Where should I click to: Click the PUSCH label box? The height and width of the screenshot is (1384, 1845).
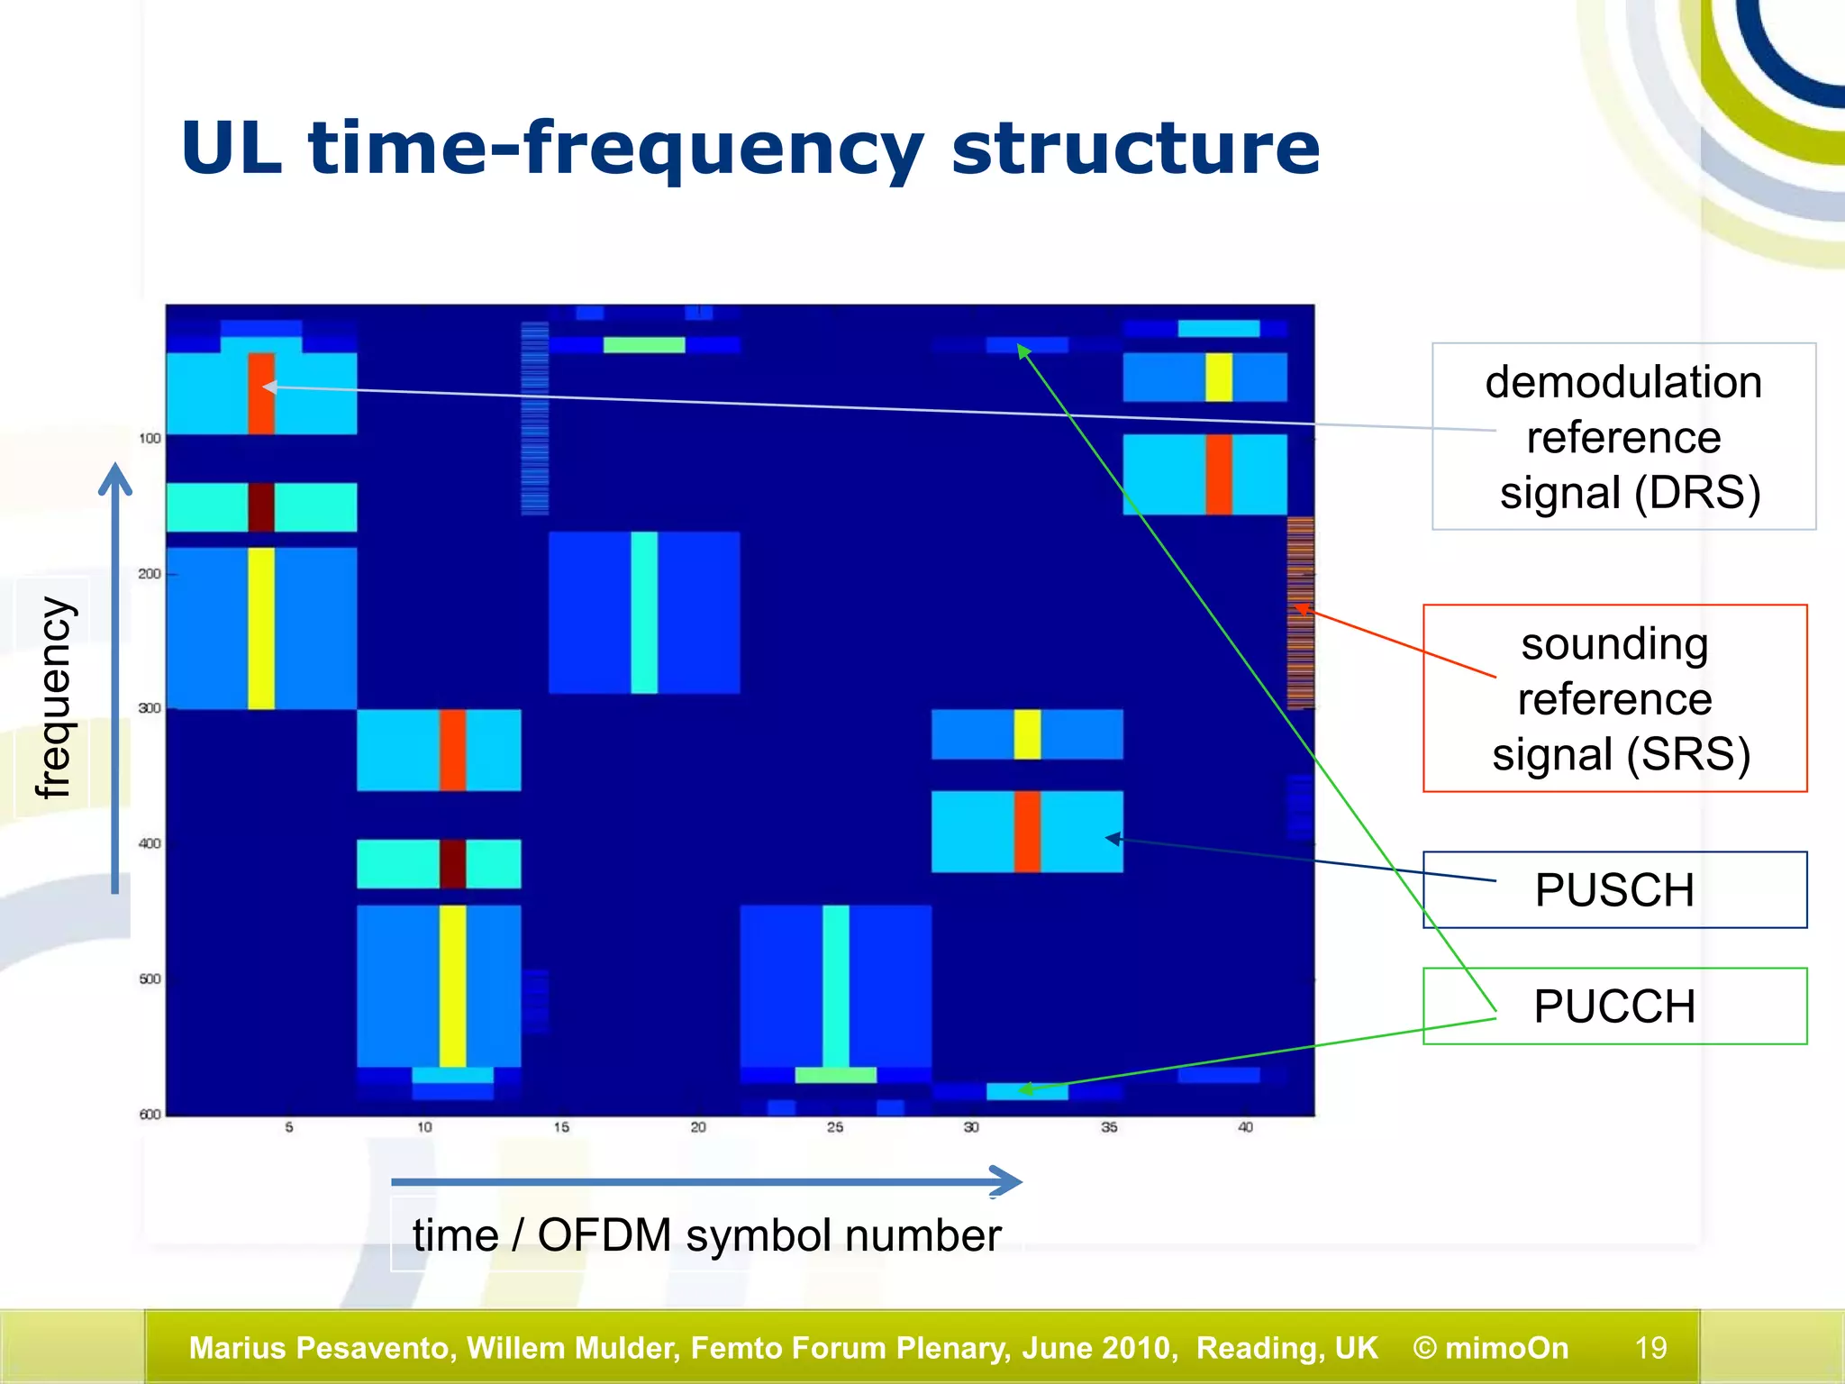[x=1613, y=890]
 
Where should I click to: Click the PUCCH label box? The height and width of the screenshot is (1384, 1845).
[x=1613, y=1006]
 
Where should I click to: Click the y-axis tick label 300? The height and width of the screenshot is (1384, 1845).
[x=150, y=708]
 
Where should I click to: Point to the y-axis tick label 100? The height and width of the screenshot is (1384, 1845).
[x=150, y=439]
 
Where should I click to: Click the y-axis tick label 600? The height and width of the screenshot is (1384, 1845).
[x=150, y=1115]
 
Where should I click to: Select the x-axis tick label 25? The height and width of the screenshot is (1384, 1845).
[x=835, y=1127]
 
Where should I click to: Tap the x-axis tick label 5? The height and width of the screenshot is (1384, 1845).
[x=289, y=1127]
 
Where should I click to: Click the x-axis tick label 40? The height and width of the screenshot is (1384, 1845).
[x=1245, y=1127]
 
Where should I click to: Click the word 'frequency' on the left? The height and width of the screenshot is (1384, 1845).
[x=54, y=697]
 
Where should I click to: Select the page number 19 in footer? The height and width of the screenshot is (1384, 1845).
[x=1650, y=1348]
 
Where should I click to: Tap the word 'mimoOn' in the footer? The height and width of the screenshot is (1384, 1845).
[x=1506, y=1348]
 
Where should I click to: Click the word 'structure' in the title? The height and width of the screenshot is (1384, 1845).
[x=1135, y=149]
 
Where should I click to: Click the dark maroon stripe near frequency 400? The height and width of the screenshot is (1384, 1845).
[x=452, y=863]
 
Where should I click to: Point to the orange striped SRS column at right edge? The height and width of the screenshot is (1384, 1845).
[x=1300, y=613]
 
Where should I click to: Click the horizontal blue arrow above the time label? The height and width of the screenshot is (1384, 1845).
[x=703, y=1181]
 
